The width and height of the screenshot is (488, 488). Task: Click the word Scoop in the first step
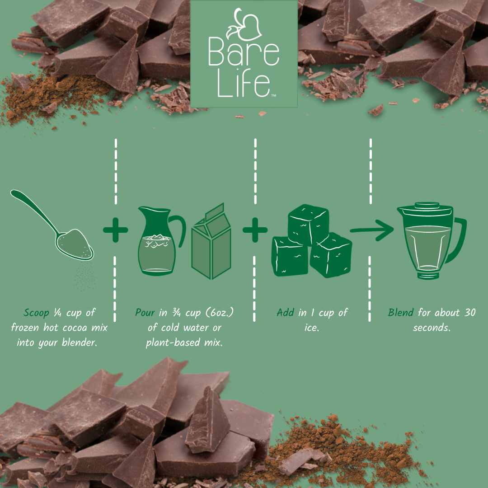point(36,313)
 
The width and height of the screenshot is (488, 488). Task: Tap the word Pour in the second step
point(145,313)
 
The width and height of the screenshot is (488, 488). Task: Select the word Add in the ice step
point(285,313)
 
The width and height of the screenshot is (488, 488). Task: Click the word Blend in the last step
point(400,313)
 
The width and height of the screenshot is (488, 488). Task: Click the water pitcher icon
point(157,242)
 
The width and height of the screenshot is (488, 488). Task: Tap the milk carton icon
point(211,244)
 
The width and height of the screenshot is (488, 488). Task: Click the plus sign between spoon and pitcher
point(116,230)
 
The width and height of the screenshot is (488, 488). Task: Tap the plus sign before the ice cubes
point(255,230)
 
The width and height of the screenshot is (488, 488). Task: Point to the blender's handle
point(458,239)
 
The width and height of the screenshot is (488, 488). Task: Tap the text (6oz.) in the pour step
point(216,313)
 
